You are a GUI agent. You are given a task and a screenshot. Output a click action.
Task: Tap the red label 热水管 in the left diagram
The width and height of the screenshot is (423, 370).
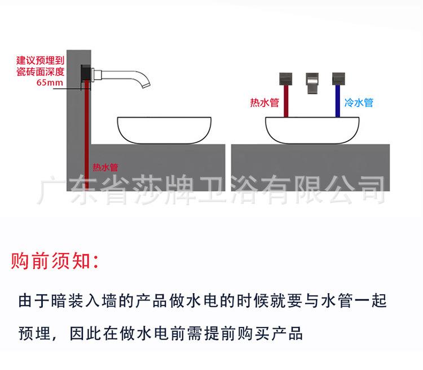coord(105,167)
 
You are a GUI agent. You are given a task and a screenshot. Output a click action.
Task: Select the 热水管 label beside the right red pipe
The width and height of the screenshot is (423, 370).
coord(265,103)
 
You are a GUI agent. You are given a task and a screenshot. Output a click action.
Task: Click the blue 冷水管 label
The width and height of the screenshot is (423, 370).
coord(359,103)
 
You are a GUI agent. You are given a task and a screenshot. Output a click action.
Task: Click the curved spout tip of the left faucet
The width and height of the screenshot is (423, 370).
coord(146,85)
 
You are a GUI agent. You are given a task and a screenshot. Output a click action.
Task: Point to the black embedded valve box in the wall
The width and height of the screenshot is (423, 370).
coord(84,75)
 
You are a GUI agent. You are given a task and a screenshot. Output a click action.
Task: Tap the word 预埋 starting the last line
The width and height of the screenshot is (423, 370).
coord(34,332)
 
